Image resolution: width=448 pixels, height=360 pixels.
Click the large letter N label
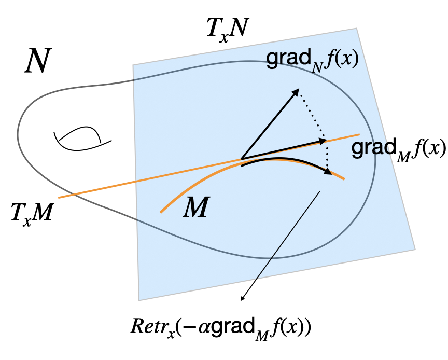pos(38,63)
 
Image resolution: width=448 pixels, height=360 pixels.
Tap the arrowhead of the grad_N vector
pos(298,91)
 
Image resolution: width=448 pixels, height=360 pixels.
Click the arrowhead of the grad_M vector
pos(324,140)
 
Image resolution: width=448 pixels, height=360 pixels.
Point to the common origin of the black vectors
pos(242,158)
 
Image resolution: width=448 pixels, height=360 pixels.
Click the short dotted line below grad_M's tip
pos(327,155)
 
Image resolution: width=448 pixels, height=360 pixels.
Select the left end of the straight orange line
pos(59,198)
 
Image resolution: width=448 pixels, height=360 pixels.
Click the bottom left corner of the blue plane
pos(139,300)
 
